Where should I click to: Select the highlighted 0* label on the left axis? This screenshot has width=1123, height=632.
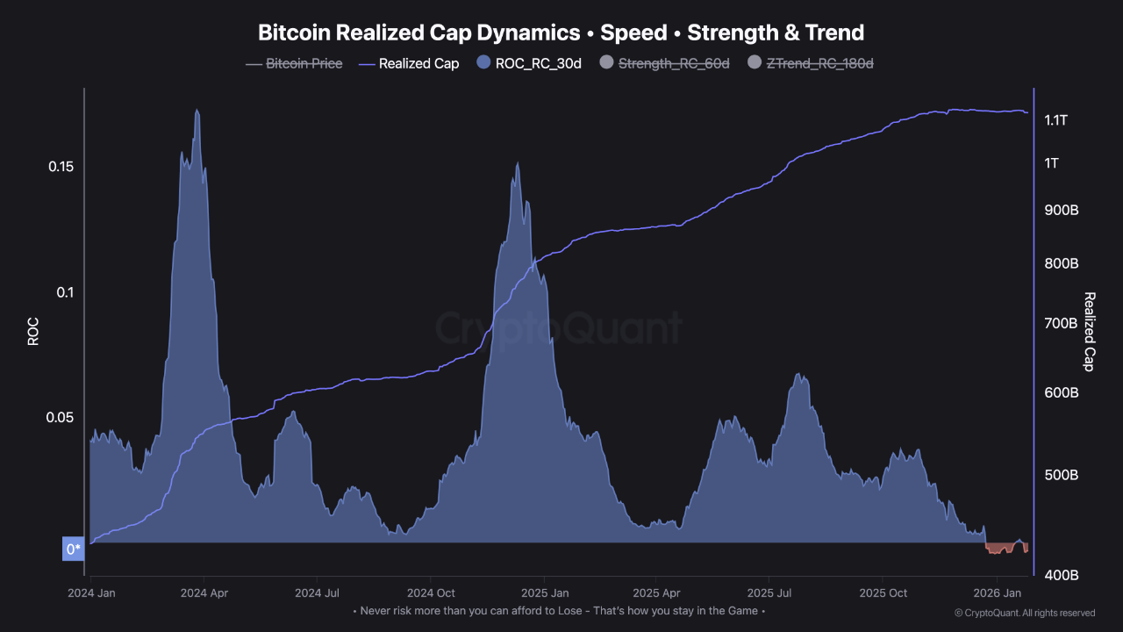tap(74, 549)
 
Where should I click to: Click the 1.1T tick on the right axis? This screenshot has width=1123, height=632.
tap(1055, 120)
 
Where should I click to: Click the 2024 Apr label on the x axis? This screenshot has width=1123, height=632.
tap(204, 592)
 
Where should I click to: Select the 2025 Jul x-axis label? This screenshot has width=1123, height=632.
tap(770, 592)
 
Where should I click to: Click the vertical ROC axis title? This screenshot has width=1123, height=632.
tap(33, 331)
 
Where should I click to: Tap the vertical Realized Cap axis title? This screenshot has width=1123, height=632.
tap(1090, 331)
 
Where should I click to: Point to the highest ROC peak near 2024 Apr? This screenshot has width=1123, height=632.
tap(197, 111)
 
